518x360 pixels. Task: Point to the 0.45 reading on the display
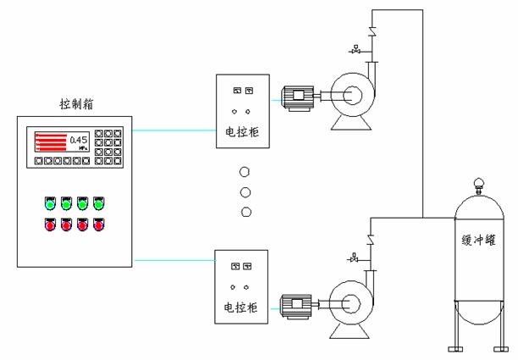[x=79, y=139]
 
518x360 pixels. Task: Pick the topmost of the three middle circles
[x=245, y=170]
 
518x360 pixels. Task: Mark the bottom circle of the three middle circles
[x=245, y=212]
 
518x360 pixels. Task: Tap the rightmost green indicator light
[x=99, y=204]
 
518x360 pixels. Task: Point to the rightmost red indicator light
[x=99, y=225]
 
